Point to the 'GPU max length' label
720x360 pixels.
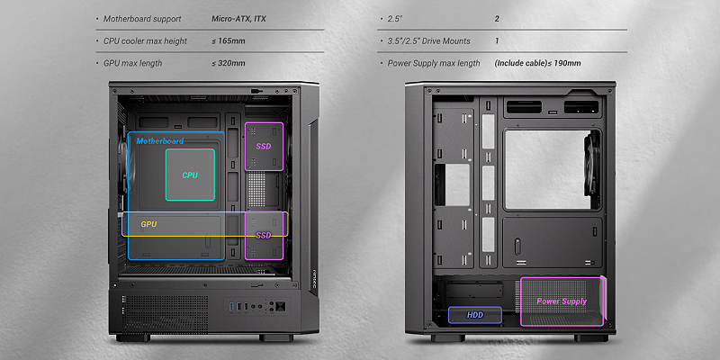(133, 64)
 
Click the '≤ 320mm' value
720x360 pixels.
(229, 64)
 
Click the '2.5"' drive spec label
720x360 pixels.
(396, 19)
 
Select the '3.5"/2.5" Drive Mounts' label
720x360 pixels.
(428, 41)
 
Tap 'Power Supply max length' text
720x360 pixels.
(434, 64)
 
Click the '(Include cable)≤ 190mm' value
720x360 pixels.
(537, 64)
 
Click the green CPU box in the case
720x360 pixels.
(190, 175)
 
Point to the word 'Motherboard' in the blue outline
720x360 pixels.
(160, 141)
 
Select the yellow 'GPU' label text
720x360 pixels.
(148, 223)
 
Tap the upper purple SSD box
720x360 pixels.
(264, 146)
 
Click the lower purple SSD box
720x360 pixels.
(264, 236)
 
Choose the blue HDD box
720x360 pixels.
(475, 315)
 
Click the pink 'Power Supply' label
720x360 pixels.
(562, 301)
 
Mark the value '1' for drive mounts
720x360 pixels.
(497, 41)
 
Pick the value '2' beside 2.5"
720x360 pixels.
(497, 19)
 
